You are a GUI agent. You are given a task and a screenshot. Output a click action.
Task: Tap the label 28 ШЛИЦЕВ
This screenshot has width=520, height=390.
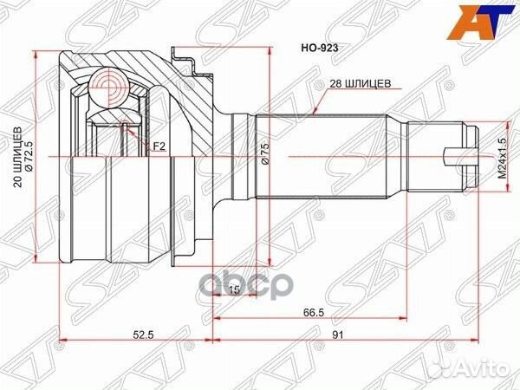click(x=361, y=83)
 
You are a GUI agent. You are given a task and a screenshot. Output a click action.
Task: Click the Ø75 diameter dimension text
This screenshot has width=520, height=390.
click(x=265, y=157)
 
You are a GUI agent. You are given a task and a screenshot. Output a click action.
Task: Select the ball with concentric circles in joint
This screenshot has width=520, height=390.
click(x=109, y=87)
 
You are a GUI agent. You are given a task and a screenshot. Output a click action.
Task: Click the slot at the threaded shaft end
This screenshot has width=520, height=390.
click(x=458, y=156)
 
